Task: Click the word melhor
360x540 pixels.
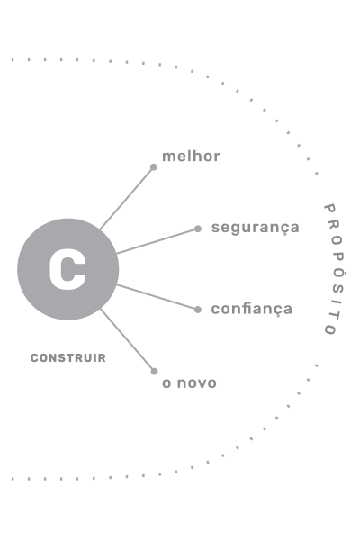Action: (x=191, y=157)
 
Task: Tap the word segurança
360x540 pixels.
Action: (x=256, y=228)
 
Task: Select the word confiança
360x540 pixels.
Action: (x=251, y=309)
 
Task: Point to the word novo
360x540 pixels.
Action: (x=197, y=383)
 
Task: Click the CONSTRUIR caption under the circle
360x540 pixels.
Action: (x=68, y=358)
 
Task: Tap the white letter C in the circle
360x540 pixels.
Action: (x=67, y=269)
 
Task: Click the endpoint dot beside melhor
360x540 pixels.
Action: (x=154, y=167)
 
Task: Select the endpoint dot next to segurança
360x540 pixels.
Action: (x=198, y=229)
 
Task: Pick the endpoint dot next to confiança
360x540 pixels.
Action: (x=198, y=310)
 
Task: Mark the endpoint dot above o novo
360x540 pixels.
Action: (x=154, y=371)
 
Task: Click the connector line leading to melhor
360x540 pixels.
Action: (x=127, y=198)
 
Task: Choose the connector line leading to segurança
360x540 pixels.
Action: (x=157, y=241)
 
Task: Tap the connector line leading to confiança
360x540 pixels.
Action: (x=157, y=297)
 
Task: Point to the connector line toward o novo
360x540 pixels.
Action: (x=127, y=340)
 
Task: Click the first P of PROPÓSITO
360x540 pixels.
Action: (x=329, y=208)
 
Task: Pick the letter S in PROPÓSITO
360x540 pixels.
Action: (x=338, y=288)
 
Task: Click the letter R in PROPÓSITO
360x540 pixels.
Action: (x=334, y=224)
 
